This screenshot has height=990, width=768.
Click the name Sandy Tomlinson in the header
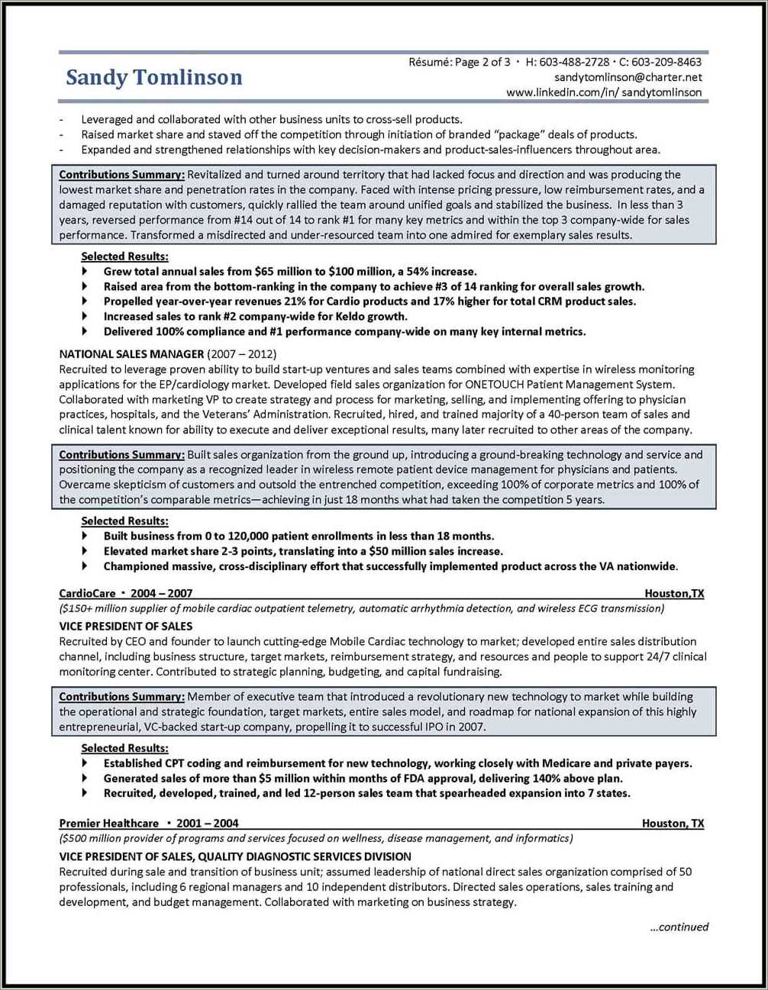click(x=153, y=78)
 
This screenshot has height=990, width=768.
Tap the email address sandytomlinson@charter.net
click(x=628, y=77)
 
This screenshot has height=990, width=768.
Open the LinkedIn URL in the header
click(x=604, y=92)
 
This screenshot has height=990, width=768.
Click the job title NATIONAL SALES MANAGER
click(x=131, y=354)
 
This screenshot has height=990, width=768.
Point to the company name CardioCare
click(x=87, y=593)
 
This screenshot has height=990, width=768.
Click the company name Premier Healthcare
click(x=109, y=823)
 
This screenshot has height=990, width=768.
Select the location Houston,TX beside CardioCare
click(x=674, y=593)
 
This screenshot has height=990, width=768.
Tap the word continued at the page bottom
click(x=682, y=927)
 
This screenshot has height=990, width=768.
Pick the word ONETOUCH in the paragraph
click(x=494, y=385)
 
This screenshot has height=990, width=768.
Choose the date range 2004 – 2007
click(x=162, y=593)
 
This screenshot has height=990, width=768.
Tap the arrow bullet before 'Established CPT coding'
click(x=86, y=763)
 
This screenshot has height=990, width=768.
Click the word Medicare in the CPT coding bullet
click(x=566, y=763)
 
